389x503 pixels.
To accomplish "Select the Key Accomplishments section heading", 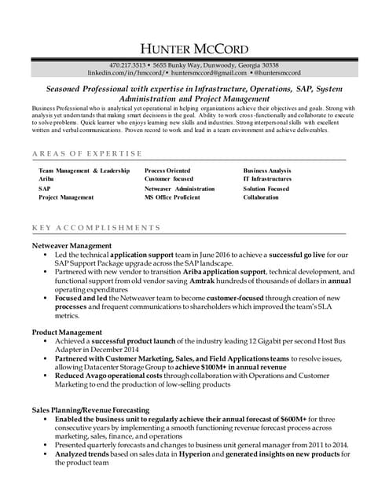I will tap(97, 228).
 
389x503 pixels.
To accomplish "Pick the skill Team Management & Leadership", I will tap(84, 170).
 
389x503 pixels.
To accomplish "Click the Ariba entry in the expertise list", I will tap(46, 179).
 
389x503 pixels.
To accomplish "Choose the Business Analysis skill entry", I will tap(267, 170).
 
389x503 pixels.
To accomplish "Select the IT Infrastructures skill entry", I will tap(267, 179).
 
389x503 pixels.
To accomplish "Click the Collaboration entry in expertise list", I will tap(261, 198).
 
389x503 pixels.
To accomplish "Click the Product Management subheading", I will tap(67, 332).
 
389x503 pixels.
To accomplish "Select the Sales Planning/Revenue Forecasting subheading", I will tap(90, 410).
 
